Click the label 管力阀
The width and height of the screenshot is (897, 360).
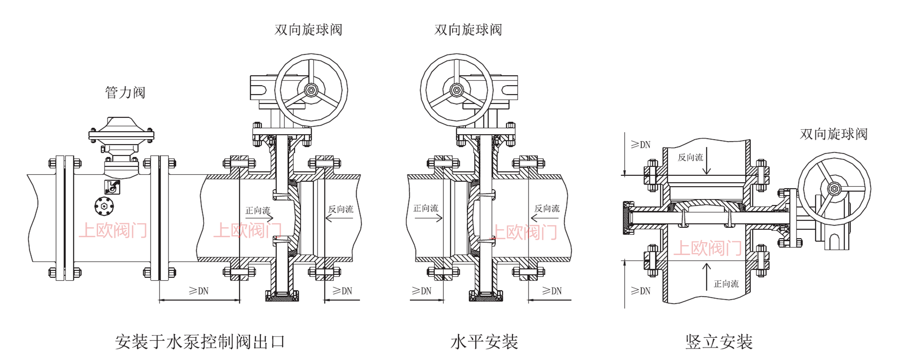[125, 93]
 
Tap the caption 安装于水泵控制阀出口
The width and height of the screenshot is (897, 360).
[200, 342]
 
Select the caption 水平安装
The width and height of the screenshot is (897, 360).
[484, 342]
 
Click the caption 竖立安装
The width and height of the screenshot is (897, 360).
[719, 342]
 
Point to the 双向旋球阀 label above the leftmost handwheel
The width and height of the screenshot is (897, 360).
[308, 30]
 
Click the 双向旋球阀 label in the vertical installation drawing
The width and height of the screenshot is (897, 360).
[833, 134]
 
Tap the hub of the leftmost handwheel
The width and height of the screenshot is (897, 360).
[311, 90]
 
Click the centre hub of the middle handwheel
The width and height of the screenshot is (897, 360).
[457, 90]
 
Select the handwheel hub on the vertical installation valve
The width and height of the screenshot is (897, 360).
[834, 189]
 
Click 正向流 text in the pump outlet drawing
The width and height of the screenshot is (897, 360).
[258, 210]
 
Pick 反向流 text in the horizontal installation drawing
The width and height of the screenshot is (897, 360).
[547, 208]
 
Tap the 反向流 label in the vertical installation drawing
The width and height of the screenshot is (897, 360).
[690, 157]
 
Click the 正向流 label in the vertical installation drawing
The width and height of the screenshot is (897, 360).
[726, 284]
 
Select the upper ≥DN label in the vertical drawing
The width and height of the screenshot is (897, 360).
[640, 145]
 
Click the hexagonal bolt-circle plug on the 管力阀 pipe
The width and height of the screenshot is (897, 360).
[104, 206]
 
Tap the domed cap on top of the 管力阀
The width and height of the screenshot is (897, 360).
[121, 123]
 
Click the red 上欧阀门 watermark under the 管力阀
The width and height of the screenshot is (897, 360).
[113, 230]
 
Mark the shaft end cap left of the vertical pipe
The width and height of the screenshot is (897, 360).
[628, 217]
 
